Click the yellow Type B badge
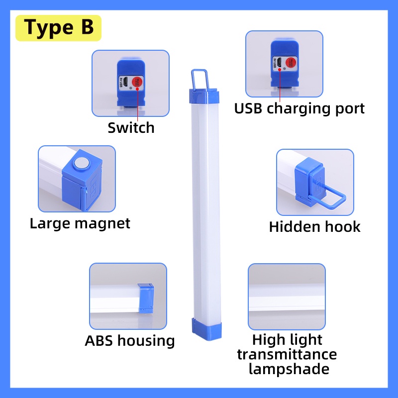coord(58,28)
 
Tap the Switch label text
coord(131,128)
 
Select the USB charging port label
coord(299,109)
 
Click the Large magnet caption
coord(80,223)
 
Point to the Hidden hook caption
coord(315,227)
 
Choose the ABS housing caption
coord(130,341)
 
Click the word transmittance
coord(287,354)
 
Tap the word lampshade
coord(289,369)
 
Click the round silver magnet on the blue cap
coord(82,163)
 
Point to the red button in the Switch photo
coord(137,82)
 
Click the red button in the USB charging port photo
coord(291,63)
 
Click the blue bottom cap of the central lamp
coord(207,329)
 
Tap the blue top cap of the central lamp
coord(204,96)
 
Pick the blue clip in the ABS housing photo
coord(146,298)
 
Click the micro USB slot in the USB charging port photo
coord(279,62)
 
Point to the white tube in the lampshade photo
coord(287,298)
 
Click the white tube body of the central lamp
coord(206,210)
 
